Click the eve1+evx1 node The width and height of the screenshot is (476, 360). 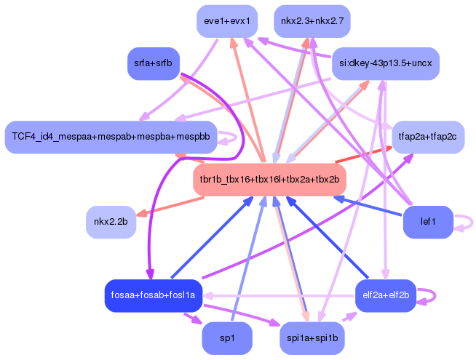[x=227, y=21]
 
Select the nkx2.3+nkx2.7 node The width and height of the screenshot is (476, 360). [x=312, y=21]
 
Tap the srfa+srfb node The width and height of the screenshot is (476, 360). [x=154, y=63]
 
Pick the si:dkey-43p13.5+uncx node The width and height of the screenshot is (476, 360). [x=386, y=63]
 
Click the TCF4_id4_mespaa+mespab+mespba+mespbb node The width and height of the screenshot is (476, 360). [x=111, y=137]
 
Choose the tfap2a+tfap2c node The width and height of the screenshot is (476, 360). [x=427, y=137]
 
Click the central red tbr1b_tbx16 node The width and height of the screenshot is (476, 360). [x=269, y=180]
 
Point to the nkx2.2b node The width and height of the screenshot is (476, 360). [x=111, y=222]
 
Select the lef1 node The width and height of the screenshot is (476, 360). [x=428, y=222]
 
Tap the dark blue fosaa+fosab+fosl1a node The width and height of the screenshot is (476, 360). [x=154, y=295]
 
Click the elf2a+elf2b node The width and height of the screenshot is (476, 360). [x=386, y=295]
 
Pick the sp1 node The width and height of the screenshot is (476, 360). [x=227, y=338]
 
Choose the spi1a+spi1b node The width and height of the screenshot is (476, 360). [x=312, y=338]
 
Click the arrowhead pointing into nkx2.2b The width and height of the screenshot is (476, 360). [x=141, y=213]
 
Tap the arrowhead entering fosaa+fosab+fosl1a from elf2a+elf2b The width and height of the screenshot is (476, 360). [x=208, y=295]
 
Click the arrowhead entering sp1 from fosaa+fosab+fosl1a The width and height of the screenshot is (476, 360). [x=197, y=320]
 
